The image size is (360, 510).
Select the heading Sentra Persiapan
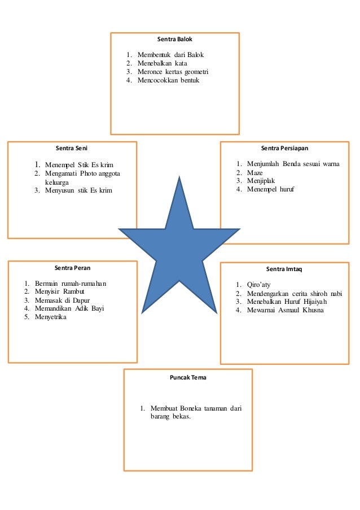click(284, 149)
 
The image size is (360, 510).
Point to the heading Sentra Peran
click(73, 268)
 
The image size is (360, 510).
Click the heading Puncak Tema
click(188, 377)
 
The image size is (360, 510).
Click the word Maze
click(255, 172)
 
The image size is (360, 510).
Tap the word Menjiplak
click(261, 181)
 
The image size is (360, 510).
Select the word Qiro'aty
click(258, 285)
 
